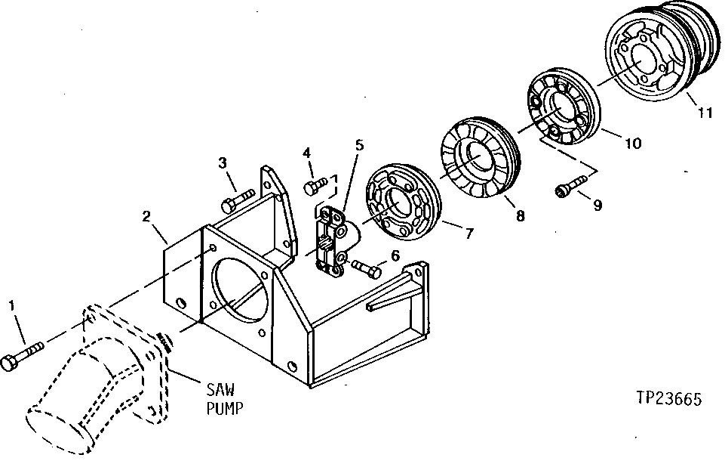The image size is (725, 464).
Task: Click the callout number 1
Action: [x=11, y=305]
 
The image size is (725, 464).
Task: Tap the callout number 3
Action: [x=223, y=162]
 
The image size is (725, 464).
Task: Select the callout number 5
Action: [x=360, y=144]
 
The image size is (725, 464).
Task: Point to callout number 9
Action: [x=598, y=205]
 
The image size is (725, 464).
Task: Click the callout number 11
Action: [x=704, y=114]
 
